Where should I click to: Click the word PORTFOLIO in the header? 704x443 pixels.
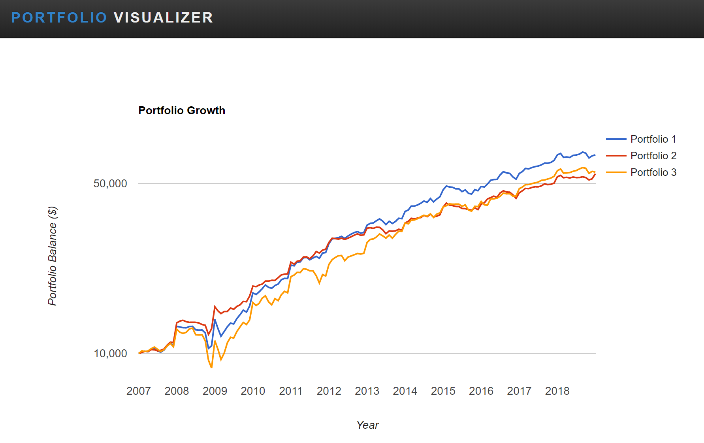pyautogui.click(x=59, y=18)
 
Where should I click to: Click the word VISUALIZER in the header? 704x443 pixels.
pyautogui.click(x=164, y=18)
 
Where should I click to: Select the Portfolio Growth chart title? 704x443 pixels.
pyautogui.click(x=182, y=111)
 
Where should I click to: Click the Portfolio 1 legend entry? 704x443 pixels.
pyautogui.click(x=653, y=139)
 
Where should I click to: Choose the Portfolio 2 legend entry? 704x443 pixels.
pyautogui.click(x=653, y=156)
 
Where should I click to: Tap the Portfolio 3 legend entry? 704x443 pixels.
pyautogui.click(x=653, y=172)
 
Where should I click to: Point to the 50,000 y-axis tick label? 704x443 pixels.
pyautogui.click(x=110, y=183)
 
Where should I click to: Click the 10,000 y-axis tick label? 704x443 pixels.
pyautogui.click(x=110, y=353)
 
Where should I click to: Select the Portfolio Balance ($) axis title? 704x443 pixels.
pyautogui.click(x=53, y=256)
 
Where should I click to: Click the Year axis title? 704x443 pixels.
pyautogui.click(x=367, y=425)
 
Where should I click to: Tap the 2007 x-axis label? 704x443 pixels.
pyautogui.click(x=139, y=391)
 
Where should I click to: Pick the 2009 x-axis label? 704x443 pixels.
pyautogui.click(x=215, y=391)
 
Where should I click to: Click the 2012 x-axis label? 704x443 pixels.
pyautogui.click(x=329, y=391)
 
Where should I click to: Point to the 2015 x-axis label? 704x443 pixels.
pyautogui.click(x=443, y=391)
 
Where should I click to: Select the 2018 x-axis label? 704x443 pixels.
pyautogui.click(x=557, y=391)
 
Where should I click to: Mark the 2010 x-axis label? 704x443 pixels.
pyautogui.click(x=253, y=391)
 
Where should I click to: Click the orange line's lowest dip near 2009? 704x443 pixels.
pyautogui.click(x=212, y=368)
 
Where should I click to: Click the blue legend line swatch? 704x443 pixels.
pyautogui.click(x=616, y=139)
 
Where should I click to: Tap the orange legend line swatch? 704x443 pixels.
pyautogui.click(x=616, y=172)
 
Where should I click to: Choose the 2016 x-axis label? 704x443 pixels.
pyautogui.click(x=481, y=391)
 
